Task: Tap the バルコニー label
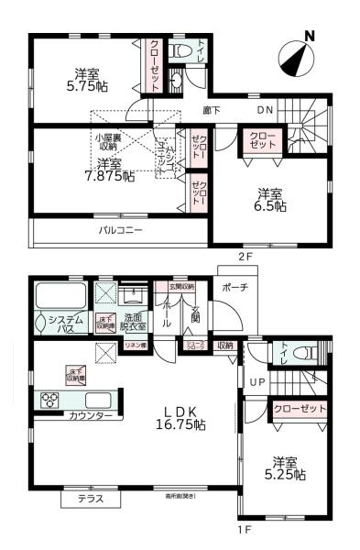coord(121,231)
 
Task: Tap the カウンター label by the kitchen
coord(91,416)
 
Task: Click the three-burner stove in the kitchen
coord(49,401)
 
